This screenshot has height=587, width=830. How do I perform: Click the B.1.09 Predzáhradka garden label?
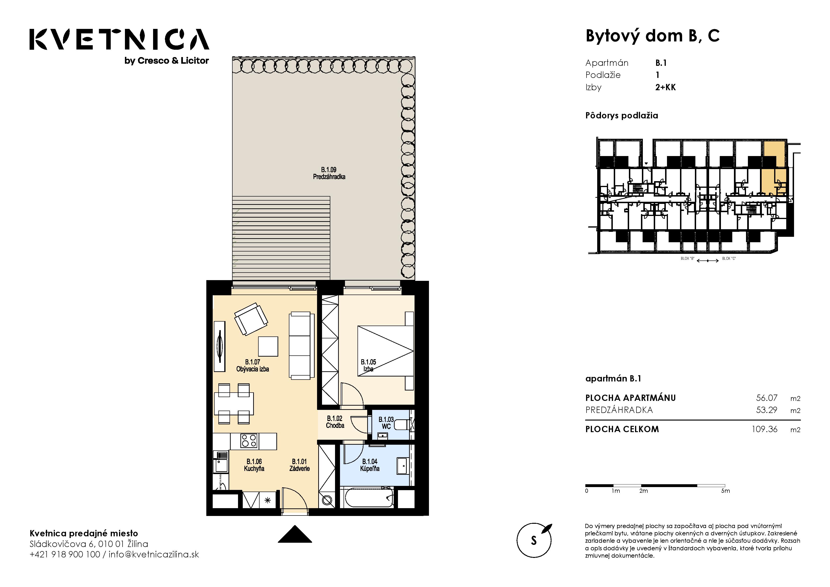tap(329, 173)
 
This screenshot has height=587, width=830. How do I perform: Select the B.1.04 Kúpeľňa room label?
tap(370, 465)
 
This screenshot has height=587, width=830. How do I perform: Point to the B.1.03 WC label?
tap(386, 423)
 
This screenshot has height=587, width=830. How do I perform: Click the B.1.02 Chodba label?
tap(335, 422)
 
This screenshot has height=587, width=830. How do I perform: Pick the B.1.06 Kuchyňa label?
tap(254, 465)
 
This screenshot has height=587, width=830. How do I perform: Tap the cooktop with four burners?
tap(249, 441)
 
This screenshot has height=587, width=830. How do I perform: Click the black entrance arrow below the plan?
tap(295, 534)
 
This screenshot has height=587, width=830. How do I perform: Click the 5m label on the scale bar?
tap(725, 491)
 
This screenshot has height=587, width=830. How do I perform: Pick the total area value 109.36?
tap(764, 429)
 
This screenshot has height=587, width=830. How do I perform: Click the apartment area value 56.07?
tap(767, 398)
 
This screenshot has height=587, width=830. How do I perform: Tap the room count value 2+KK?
tap(666, 87)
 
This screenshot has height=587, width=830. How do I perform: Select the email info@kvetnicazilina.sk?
tap(154, 555)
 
